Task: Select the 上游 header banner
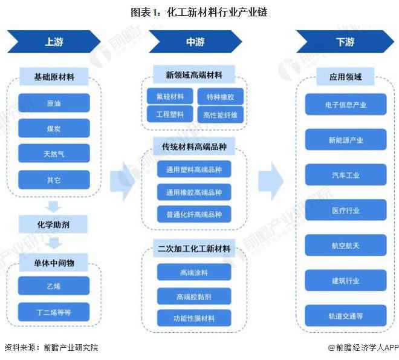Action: pos(53,42)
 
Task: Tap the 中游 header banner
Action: pos(195,42)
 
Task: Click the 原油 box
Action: pos(53,103)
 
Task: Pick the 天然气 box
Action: pos(53,154)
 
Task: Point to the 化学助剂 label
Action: pos(53,224)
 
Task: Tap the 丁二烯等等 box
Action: pos(53,312)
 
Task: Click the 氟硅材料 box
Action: pos(169,96)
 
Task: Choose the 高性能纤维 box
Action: pos(221,114)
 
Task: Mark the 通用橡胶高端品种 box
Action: pos(194,192)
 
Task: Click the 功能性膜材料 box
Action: pos(194,318)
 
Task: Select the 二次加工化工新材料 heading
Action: pos(194,249)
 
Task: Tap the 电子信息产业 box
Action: pos(345,105)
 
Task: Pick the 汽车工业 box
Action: pos(345,175)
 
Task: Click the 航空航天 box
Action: pos(345,246)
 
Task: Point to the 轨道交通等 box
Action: pos(345,316)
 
